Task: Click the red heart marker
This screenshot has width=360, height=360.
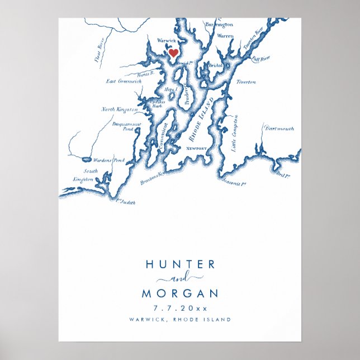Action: [x=173, y=53]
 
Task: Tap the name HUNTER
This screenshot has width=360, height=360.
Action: [x=179, y=264]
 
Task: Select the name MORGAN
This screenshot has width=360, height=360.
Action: [x=179, y=293]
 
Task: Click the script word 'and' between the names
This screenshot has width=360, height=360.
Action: [x=180, y=278]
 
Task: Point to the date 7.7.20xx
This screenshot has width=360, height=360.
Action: [x=179, y=308]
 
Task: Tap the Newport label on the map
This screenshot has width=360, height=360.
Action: [x=197, y=149]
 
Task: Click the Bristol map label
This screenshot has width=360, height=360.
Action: [x=215, y=65]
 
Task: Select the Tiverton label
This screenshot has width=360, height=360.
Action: [x=246, y=82]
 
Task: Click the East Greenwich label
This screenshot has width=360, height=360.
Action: [x=124, y=81]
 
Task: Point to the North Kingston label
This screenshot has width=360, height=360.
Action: [x=116, y=110]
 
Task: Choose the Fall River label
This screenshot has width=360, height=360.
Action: [x=260, y=58]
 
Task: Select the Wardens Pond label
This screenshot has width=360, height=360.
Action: [x=108, y=160]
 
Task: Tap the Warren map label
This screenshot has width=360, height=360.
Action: [x=225, y=36]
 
